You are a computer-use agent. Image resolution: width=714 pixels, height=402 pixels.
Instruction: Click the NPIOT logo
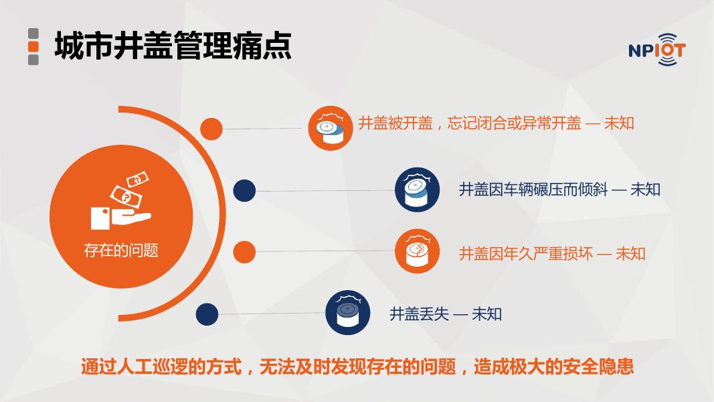[656, 49]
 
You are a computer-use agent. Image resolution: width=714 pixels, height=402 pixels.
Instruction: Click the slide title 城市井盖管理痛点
[173, 46]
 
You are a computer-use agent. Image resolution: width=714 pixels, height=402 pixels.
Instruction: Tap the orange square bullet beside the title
[33, 46]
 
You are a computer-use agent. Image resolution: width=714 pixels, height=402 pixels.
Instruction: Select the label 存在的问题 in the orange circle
[121, 250]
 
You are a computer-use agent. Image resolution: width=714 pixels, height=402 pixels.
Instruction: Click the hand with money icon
[121, 200]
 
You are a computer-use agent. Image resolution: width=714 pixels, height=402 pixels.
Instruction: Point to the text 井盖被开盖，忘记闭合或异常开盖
[470, 123]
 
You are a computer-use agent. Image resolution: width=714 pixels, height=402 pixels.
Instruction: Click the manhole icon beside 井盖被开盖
[330, 128]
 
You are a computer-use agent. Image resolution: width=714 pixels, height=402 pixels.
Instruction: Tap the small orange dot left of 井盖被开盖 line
[211, 129]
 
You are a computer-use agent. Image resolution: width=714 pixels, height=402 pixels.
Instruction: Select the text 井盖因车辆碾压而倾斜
[533, 189]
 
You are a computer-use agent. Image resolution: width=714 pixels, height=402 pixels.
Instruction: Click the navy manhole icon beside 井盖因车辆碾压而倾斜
[417, 190]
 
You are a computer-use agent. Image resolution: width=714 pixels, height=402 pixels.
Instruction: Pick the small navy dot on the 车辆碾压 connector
[244, 190]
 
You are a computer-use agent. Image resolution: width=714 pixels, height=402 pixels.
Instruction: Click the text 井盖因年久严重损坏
[526, 253]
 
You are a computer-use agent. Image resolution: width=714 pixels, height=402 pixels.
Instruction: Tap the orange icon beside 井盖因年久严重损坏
[417, 251]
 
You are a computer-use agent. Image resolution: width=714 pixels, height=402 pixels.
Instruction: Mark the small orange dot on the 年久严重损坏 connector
[244, 252]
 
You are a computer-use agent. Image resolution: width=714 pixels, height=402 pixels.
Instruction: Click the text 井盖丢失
[420, 314]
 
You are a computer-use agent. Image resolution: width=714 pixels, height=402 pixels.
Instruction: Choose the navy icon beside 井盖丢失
[348, 313]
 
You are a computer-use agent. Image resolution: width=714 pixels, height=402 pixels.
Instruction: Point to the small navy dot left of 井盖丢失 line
[207, 314]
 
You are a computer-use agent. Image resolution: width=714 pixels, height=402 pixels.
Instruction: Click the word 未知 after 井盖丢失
[486, 314]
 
